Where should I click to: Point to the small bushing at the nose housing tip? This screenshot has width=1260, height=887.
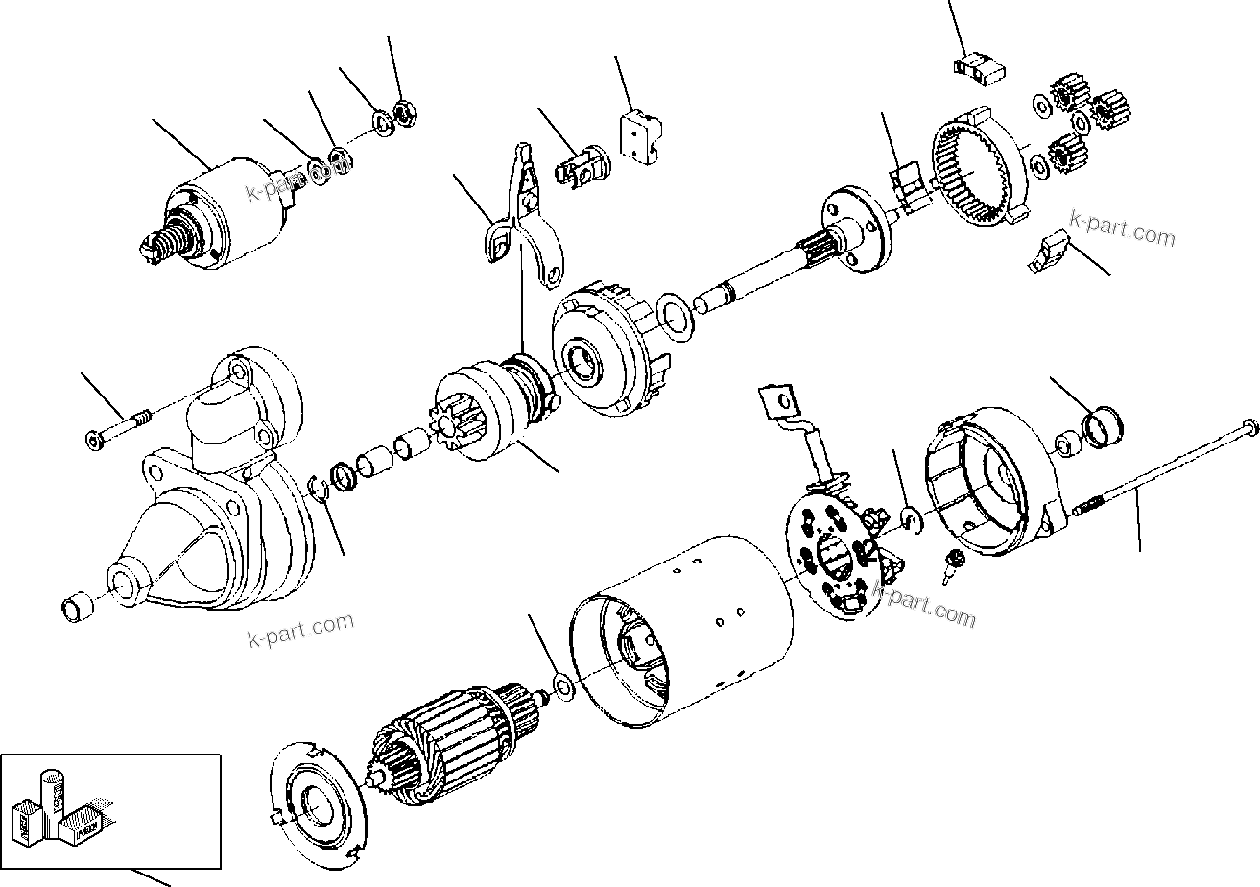pos(78,607)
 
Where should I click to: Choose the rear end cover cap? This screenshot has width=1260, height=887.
pos(988,490)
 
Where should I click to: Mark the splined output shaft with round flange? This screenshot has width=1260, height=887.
pos(825,240)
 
